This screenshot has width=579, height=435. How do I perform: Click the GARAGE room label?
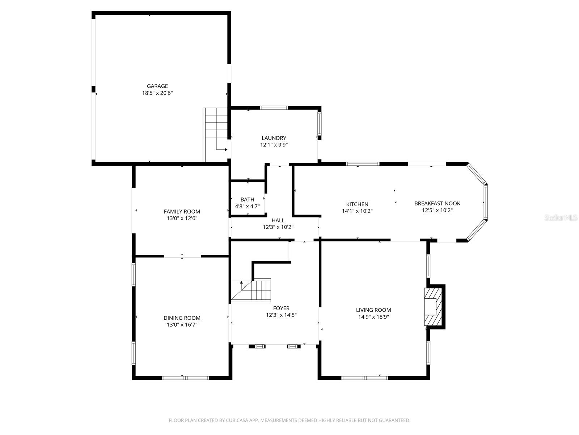point(157,86)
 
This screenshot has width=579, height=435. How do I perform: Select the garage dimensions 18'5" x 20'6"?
point(157,93)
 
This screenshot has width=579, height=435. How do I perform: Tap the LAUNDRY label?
point(274,138)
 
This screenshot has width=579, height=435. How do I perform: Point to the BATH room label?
point(247,199)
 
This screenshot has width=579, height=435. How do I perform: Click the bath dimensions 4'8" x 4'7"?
point(247,206)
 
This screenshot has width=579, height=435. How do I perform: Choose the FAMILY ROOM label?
point(182,211)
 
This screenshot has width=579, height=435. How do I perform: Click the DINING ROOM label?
point(182,318)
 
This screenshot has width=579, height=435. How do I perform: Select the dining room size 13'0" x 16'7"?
point(182,325)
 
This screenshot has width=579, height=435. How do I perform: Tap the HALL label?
point(278,220)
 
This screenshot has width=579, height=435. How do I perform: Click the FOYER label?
point(281,308)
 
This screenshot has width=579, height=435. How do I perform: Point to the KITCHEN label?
point(357,204)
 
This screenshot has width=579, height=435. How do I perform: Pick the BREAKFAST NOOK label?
point(437,203)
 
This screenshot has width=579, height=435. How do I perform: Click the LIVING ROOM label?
point(373,310)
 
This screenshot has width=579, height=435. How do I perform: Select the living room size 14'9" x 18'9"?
point(373,316)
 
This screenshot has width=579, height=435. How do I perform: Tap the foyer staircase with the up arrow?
point(251,290)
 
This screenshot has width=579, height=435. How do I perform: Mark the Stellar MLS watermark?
point(561,218)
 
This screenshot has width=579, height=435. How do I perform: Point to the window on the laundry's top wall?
point(274,108)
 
